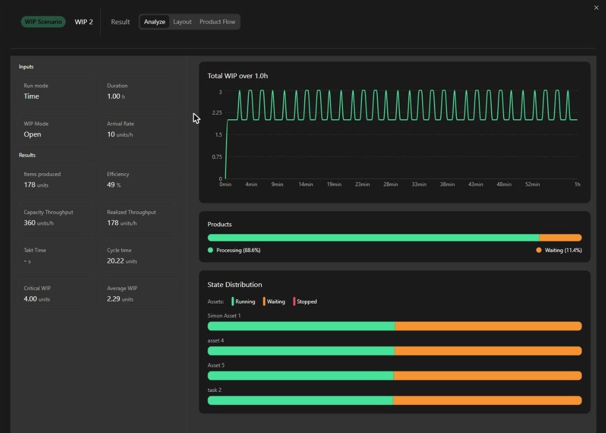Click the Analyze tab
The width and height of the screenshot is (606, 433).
tap(154, 22)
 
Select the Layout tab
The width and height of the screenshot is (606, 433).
tap(182, 22)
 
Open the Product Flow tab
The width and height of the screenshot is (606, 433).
tap(217, 22)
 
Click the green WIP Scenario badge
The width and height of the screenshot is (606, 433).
tap(43, 22)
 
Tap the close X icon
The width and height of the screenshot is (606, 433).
tap(596, 8)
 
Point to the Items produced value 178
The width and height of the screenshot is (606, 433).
tap(29, 185)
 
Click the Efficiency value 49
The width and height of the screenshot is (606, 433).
tap(111, 185)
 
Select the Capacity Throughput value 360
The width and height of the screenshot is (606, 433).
tap(29, 223)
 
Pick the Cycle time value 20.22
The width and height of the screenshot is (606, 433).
tap(115, 261)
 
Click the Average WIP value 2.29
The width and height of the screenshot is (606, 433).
tap(114, 299)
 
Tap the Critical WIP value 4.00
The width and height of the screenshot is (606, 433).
tap(30, 299)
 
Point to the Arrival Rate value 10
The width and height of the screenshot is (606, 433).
tap(111, 134)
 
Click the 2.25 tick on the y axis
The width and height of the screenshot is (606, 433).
tap(217, 113)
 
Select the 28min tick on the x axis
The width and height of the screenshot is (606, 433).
tap(390, 185)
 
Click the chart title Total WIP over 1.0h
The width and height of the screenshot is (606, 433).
tap(238, 76)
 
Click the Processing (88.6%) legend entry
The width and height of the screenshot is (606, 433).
tap(234, 250)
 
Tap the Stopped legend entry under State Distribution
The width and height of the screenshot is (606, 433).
tap(305, 301)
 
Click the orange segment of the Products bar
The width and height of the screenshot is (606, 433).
tap(560, 238)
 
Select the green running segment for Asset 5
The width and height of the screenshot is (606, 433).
tap(301, 375)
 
